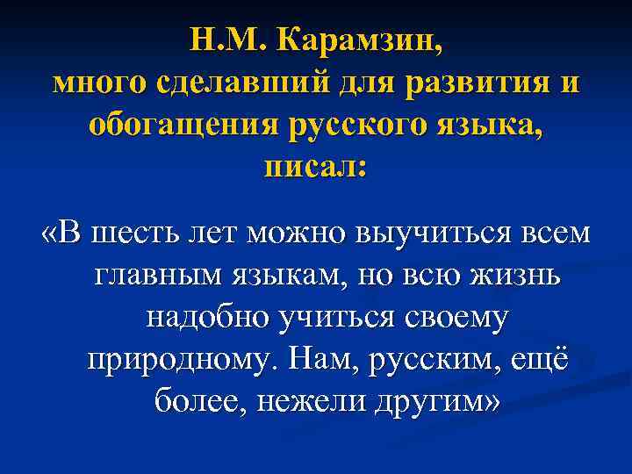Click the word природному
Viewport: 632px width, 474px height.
[x=182, y=359]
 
